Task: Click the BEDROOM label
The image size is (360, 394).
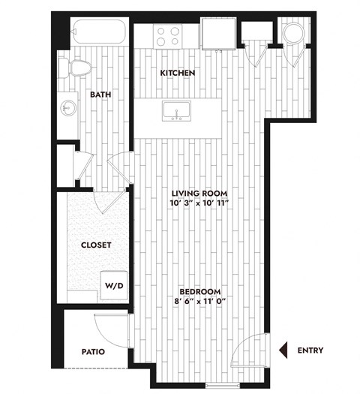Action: point(199,291)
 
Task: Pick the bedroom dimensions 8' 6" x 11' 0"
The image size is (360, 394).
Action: point(199,301)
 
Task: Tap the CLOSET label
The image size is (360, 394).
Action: point(96,245)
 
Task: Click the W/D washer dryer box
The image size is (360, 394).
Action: point(114,285)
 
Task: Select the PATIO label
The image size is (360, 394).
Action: point(93,350)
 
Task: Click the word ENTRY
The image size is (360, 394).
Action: point(310,350)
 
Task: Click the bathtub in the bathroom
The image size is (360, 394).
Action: point(100,35)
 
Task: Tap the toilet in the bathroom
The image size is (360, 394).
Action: point(77,68)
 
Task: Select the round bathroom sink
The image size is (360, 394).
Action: point(68,107)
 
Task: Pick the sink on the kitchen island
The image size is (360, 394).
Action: point(176,113)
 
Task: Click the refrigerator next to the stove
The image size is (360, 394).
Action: point(217,35)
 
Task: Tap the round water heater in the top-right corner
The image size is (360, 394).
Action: point(293,35)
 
